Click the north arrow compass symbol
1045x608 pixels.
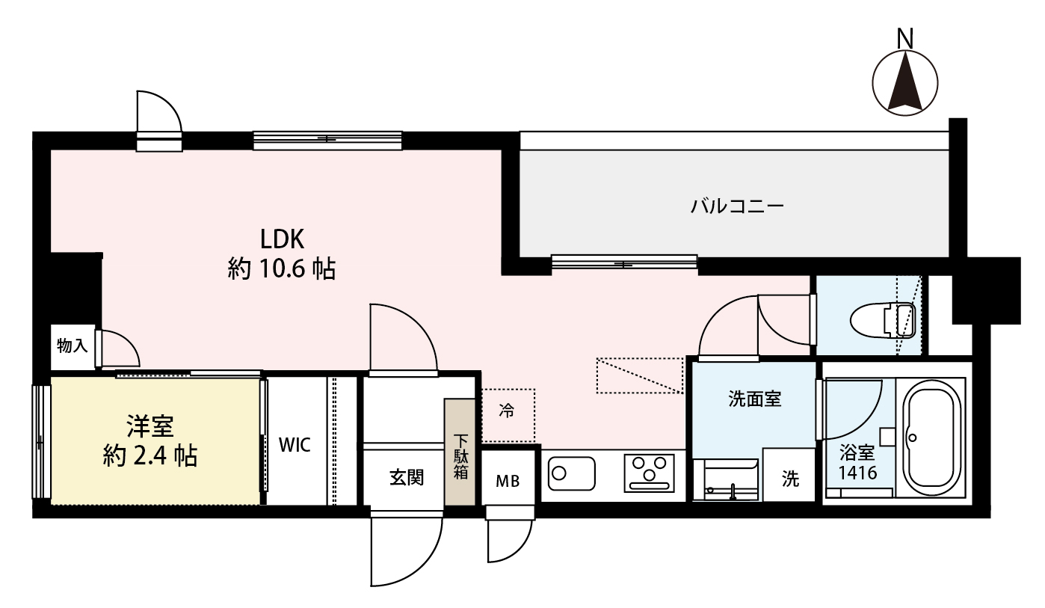click(x=905, y=84)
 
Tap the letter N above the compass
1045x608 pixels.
click(x=906, y=37)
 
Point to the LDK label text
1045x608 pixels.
click(x=282, y=239)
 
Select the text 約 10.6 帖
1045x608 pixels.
click(x=282, y=268)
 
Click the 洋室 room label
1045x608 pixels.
click(x=149, y=426)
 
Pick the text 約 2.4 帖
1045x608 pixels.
click(x=149, y=455)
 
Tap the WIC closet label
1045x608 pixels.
click(x=294, y=445)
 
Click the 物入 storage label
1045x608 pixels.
click(x=73, y=346)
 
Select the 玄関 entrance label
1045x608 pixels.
click(x=406, y=477)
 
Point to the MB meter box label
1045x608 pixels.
click(x=508, y=480)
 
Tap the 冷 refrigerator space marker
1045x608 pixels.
click(x=507, y=411)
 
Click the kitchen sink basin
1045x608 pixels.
click(x=572, y=473)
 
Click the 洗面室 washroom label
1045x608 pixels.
click(x=755, y=399)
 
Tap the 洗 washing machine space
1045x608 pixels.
click(x=789, y=479)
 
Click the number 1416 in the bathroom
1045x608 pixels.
click(x=857, y=473)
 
